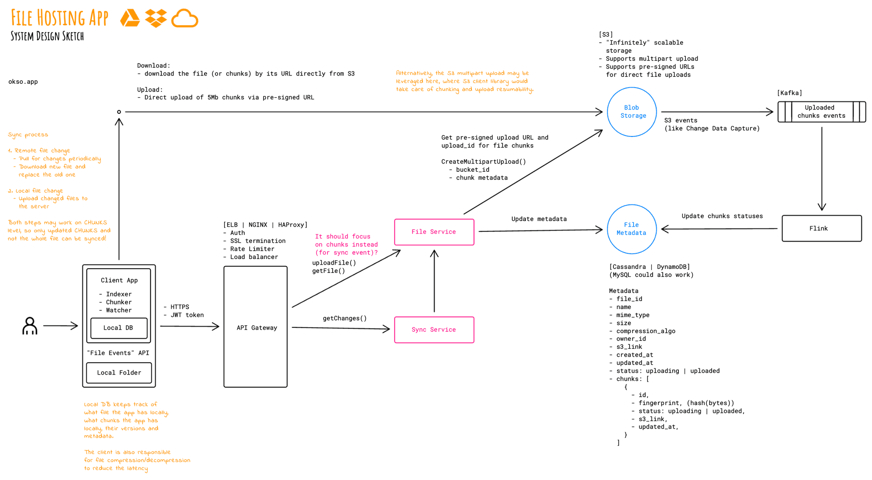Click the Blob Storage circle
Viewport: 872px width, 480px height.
tap(632, 112)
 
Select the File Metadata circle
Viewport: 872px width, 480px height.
tap(631, 229)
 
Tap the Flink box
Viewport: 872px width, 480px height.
tap(821, 228)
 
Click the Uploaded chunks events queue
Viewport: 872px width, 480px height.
tap(821, 112)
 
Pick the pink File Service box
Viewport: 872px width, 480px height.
tap(434, 232)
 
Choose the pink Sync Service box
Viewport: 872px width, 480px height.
tap(434, 330)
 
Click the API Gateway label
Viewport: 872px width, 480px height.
tap(257, 328)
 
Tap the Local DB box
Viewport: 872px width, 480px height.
tap(119, 328)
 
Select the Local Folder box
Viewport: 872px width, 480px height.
tap(119, 373)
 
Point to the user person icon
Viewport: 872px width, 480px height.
tap(30, 326)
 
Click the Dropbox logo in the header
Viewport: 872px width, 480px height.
tap(156, 18)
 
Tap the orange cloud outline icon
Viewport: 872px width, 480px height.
tap(185, 18)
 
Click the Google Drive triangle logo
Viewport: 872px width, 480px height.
tap(130, 18)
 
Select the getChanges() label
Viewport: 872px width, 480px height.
tap(344, 318)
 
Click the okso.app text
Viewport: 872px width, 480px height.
tap(23, 82)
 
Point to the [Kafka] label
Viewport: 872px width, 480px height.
tap(789, 93)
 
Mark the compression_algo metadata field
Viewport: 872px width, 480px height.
tap(645, 331)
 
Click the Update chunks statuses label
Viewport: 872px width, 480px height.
tap(722, 216)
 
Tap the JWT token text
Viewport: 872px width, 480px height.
tap(187, 315)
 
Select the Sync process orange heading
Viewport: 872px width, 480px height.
tap(28, 135)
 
